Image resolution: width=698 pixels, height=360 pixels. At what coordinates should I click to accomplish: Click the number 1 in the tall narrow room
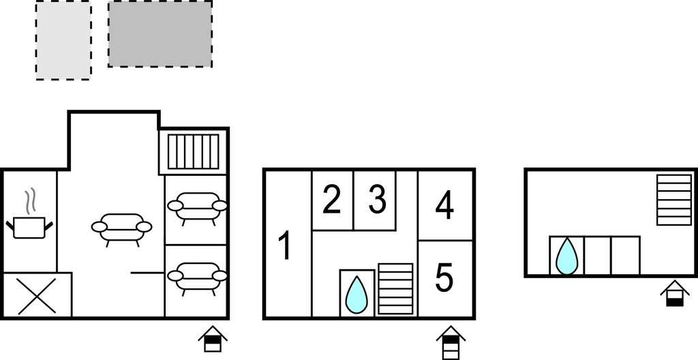[284, 245]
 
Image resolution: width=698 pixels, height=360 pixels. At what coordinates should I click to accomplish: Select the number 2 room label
[332, 200]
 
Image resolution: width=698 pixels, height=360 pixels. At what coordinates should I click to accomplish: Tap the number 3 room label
[378, 200]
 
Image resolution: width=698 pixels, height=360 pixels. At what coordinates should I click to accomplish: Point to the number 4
[444, 205]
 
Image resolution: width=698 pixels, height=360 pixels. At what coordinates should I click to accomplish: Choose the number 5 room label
[444, 277]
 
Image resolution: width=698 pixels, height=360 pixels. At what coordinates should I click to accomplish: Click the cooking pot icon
[29, 227]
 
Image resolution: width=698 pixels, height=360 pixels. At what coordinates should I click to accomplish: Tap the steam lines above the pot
[30, 201]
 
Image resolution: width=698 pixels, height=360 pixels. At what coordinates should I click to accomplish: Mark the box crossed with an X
[37, 295]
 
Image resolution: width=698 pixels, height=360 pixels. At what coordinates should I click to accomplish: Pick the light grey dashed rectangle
[63, 40]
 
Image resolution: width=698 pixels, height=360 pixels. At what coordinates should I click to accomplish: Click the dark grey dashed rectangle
[160, 34]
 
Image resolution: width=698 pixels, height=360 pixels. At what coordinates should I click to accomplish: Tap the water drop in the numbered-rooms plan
[357, 295]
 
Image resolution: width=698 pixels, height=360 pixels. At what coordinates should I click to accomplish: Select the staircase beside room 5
[396, 288]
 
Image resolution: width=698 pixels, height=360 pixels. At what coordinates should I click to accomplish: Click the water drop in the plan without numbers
[566, 256]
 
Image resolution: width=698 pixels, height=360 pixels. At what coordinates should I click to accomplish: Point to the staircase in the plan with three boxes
[674, 200]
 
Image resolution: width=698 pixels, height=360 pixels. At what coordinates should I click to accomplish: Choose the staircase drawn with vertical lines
[193, 151]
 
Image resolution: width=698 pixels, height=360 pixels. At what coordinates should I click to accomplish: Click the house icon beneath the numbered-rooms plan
[451, 342]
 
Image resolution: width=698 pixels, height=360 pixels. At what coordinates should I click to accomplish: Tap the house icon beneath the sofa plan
[213, 339]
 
